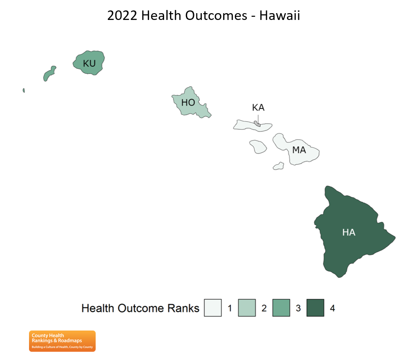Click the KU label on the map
[x=89, y=63]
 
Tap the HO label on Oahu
[x=188, y=102]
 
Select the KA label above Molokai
[x=258, y=107]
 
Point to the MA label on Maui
[x=299, y=150]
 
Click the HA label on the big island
[x=349, y=233]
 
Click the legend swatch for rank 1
[x=213, y=308]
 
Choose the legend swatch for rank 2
[x=247, y=308]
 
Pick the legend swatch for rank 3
[x=281, y=308]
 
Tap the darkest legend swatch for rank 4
[x=316, y=308]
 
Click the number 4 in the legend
[x=332, y=308]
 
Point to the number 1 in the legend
[x=230, y=308]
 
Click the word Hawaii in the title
[x=280, y=15]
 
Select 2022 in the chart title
[x=122, y=16]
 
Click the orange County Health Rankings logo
[x=62, y=341]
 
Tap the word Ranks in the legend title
[x=183, y=308]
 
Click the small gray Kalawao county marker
[x=257, y=124]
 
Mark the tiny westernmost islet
[x=24, y=90]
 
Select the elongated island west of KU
[x=49, y=73]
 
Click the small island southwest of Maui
[x=278, y=166]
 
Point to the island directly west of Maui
[x=258, y=146]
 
